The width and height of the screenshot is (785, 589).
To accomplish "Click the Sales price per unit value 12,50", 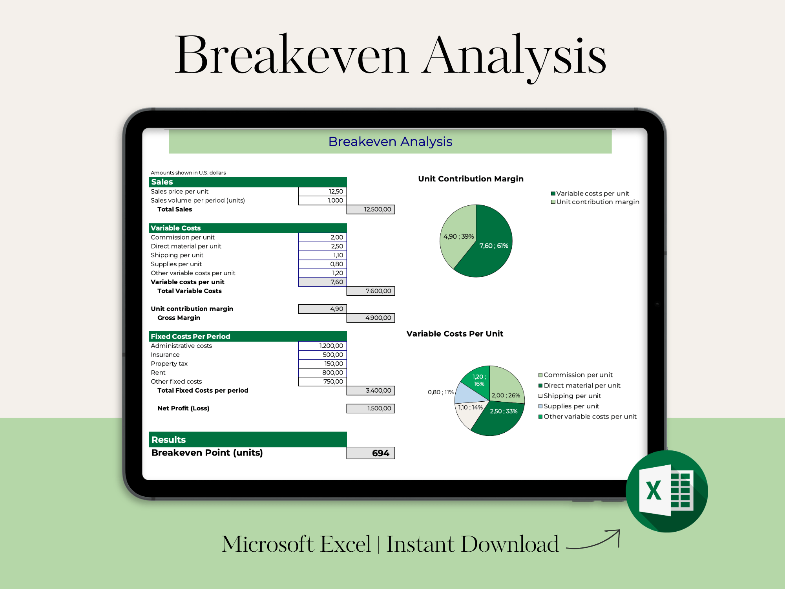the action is [322, 191].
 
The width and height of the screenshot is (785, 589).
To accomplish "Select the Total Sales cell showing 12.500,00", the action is [371, 209].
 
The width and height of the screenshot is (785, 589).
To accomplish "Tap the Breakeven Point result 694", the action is [371, 453].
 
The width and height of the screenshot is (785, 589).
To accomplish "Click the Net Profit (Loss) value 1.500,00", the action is [371, 408].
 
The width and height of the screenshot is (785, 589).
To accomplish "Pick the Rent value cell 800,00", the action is [322, 372].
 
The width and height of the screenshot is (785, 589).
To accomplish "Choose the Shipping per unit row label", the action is [177, 255].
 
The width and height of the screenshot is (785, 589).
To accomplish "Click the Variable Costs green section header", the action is [248, 228].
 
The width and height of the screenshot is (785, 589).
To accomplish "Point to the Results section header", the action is [248, 439].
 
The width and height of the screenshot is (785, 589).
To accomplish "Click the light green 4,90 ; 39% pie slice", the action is [457, 236].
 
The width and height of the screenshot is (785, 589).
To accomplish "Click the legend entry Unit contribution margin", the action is [595, 202].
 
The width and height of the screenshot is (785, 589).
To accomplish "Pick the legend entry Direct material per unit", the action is [579, 386].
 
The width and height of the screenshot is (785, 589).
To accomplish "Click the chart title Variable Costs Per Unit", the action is [455, 334].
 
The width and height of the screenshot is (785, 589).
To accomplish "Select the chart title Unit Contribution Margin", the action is [471, 179].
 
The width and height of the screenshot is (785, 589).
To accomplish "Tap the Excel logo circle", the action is [666, 491].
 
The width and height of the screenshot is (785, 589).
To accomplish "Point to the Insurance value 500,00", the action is [322, 355].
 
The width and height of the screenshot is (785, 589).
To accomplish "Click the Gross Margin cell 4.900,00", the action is [371, 318].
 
